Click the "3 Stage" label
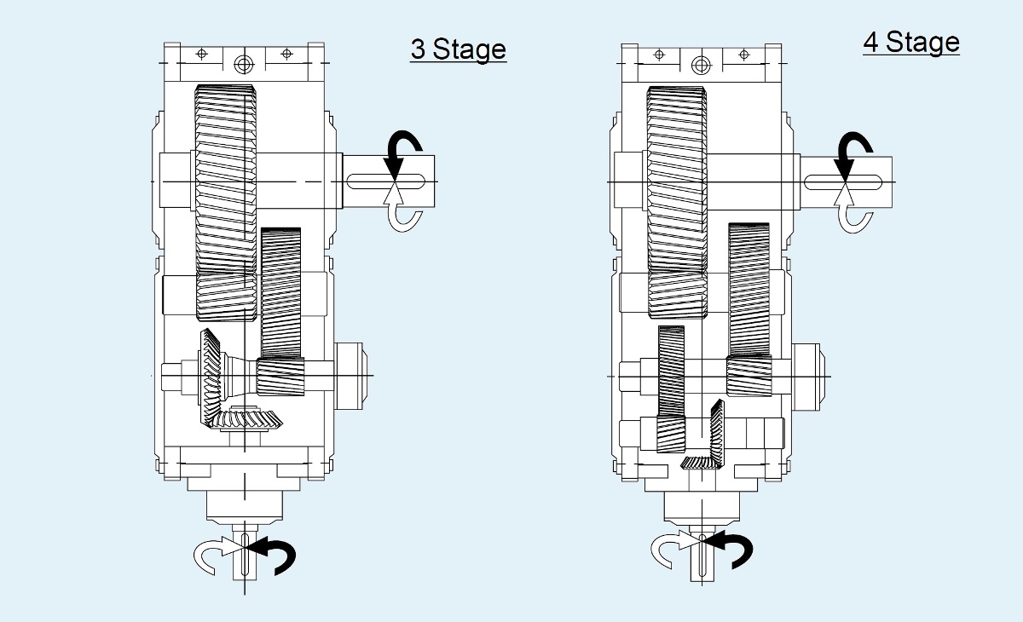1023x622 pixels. pos(458,49)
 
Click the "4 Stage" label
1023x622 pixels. pos(910,43)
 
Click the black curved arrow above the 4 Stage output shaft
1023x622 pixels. pos(850,150)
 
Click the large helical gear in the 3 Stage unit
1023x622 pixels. pos(226,200)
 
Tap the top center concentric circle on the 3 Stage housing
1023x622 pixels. pos(245,64)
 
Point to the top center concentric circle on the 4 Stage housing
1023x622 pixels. pos(701,64)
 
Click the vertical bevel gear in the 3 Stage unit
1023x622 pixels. pos(210,375)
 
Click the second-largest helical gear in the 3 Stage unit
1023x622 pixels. pos(280,290)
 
